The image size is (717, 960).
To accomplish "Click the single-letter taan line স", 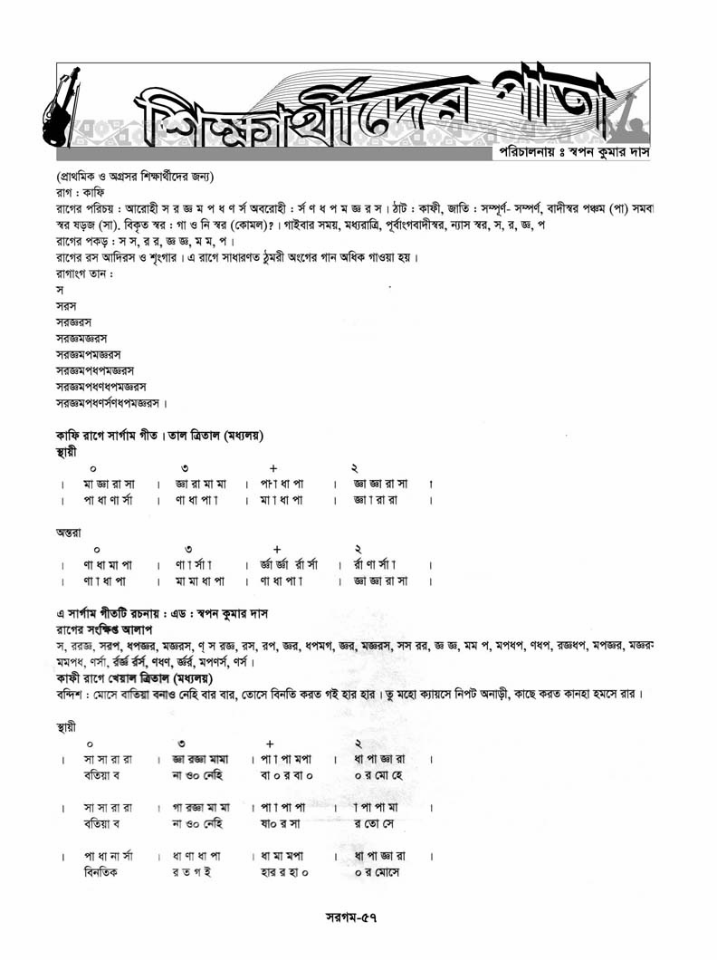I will click(60, 290).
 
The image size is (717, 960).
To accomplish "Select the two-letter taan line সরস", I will click(66, 306).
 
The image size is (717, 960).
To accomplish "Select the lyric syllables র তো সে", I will click(376, 824).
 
